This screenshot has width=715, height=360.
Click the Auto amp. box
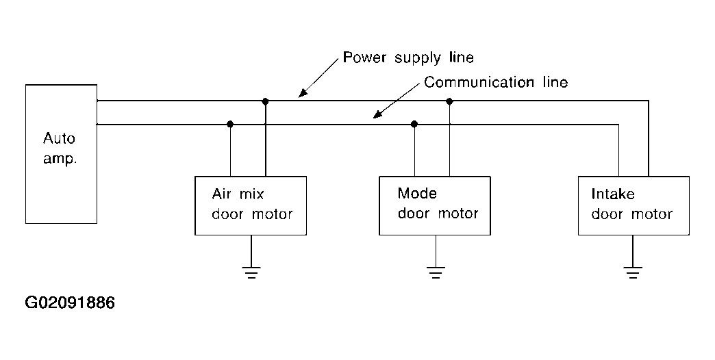(x=61, y=154)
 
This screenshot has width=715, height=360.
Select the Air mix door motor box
(x=251, y=205)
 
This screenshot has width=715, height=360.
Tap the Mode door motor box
(x=435, y=205)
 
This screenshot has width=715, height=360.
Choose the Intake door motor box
(x=634, y=205)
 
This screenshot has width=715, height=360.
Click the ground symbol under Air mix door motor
(x=251, y=272)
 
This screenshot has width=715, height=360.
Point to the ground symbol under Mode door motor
(x=436, y=272)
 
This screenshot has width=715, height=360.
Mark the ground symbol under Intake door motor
(x=633, y=272)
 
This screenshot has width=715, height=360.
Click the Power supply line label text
(x=408, y=58)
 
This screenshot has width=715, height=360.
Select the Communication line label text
(x=496, y=82)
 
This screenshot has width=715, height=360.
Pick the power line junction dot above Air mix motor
(x=266, y=101)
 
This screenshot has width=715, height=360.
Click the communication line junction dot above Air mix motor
(x=230, y=124)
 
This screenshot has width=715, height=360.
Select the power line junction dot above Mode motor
(x=449, y=101)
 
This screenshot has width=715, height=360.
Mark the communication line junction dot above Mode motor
(x=414, y=124)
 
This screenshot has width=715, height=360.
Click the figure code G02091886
(x=71, y=303)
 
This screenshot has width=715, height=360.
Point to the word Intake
(x=613, y=194)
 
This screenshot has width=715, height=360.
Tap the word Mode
(x=417, y=193)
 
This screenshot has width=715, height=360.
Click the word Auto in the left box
(x=60, y=138)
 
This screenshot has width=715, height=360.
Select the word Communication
(x=479, y=82)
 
